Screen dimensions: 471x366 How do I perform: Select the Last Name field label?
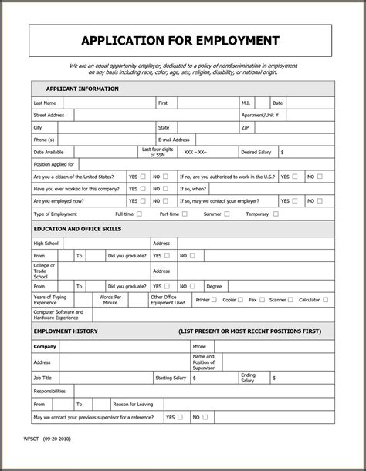pos(44,103)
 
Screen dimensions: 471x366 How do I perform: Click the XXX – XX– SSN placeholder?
pos(197,152)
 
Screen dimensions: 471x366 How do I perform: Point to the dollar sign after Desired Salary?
pos(283,152)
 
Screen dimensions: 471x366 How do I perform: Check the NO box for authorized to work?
pos(320,177)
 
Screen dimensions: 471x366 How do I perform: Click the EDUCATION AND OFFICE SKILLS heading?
pos(87,229)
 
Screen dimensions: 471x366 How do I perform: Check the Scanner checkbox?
pos(291,299)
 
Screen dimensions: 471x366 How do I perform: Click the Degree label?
pos(214,286)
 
